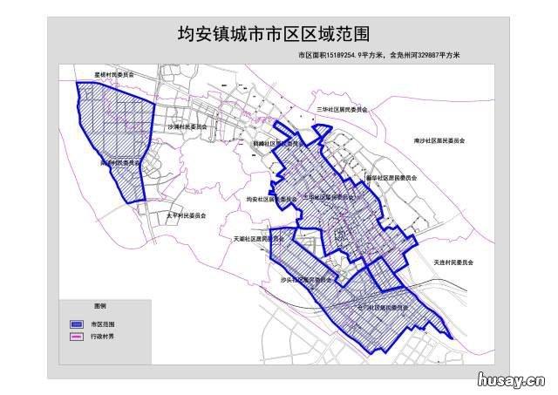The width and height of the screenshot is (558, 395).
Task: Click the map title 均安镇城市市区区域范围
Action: click(273, 34)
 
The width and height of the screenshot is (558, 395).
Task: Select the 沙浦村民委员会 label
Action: click(187, 126)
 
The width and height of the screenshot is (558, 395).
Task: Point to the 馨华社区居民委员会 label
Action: click(391, 177)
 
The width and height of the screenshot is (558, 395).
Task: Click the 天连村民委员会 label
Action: click(453, 262)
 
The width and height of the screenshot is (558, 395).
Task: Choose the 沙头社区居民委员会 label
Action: click(306, 280)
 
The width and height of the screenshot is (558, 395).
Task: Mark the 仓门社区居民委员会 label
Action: click(384, 308)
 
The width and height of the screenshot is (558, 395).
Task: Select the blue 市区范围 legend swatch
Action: click(76, 323)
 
